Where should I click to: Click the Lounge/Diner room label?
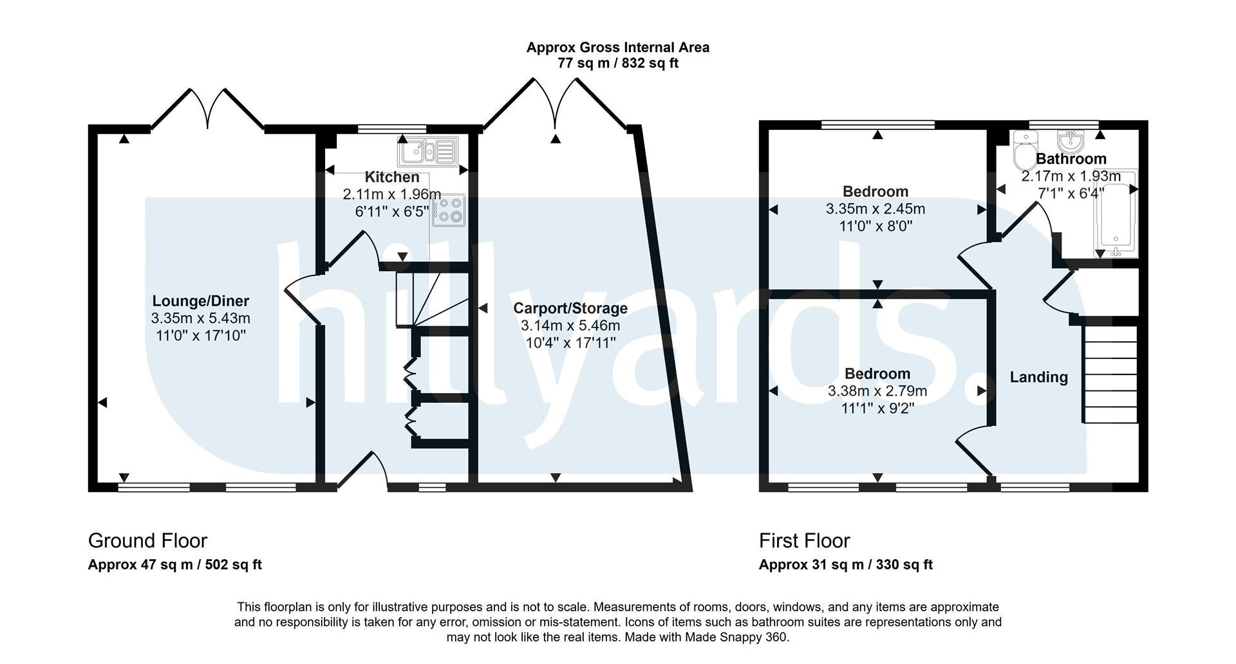pyautogui.click(x=201, y=300)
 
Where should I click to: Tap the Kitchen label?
pyautogui.click(x=392, y=177)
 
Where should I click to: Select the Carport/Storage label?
pyautogui.click(x=570, y=308)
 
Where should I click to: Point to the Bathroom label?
pyautogui.click(x=1071, y=159)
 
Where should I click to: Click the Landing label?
pyautogui.click(x=1038, y=377)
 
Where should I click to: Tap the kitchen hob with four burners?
pyautogui.click(x=449, y=210)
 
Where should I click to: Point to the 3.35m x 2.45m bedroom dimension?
pyautogui.click(x=876, y=209)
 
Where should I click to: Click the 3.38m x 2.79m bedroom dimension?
pyautogui.click(x=877, y=391)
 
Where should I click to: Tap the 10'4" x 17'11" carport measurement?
pyautogui.click(x=570, y=343)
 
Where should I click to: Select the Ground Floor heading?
pyautogui.click(x=147, y=540)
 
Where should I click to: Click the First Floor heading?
pyautogui.click(x=805, y=540)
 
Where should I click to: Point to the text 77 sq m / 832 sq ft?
pyautogui.click(x=618, y=63)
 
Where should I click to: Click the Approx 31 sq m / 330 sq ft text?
pyautogui.click(x=846, y=565)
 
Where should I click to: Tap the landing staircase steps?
pyautogui.click(x=1110, y=374)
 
